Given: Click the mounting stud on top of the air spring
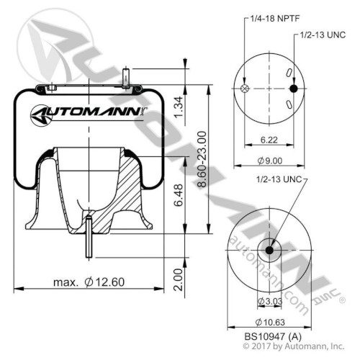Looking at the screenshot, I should click(x=127, y=75).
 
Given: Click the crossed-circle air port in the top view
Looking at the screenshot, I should click(x=246, y=89).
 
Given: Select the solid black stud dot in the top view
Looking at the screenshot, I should click(x=293, y=89).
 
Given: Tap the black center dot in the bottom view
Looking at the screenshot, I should click(x=269, y=250).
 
